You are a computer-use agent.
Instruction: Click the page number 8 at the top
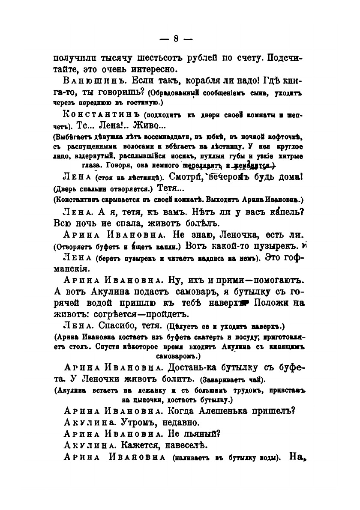(x=176, y=39)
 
